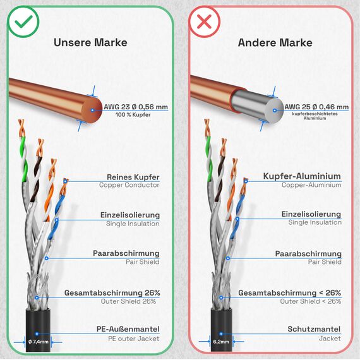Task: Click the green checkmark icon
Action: pos(23,22)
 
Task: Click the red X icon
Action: pos(204,22)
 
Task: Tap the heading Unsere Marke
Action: pos(90,42)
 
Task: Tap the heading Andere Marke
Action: pos(275,42)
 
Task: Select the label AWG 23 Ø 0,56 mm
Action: pos(136,107)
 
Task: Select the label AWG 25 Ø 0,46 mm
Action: pos(316,107)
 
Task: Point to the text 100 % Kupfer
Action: pos(133,114)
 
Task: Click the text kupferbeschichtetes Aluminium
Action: pos(315,116)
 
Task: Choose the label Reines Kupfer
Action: pos(133,177)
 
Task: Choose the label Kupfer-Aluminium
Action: pos(302,176)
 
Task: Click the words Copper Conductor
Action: pos(129,185)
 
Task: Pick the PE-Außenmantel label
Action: pos(128,329)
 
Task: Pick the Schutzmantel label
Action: pos(314,329)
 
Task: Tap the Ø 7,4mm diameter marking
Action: pos(39,342)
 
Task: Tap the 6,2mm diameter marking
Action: pos(221,342)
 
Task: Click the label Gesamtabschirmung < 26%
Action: pos(289,292)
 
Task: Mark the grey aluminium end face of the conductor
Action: pos(274,111)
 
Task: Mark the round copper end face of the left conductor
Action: pos(92,111)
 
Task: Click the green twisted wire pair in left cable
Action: pos(23,159)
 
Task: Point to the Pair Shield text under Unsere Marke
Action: pos(142,261)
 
